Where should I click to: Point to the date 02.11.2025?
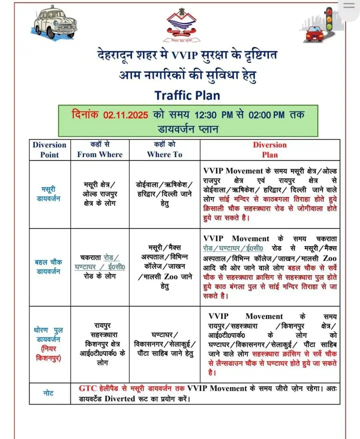click(126, 114)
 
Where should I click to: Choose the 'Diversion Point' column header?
click(49, 149)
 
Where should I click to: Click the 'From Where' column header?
click(99, 149)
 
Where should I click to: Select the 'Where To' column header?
click(164, 149)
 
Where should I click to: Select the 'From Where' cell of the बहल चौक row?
click(99, 267)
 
